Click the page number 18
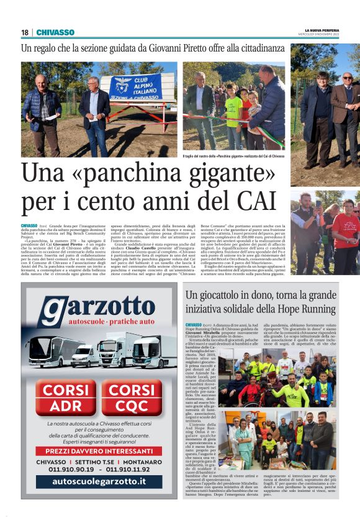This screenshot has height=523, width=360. (25, 32)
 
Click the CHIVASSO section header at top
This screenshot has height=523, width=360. (55, 32)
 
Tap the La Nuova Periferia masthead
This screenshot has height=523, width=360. (322, 29)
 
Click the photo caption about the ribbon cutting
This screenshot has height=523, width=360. (233, 155)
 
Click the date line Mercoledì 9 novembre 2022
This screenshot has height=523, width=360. (322, 34)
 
